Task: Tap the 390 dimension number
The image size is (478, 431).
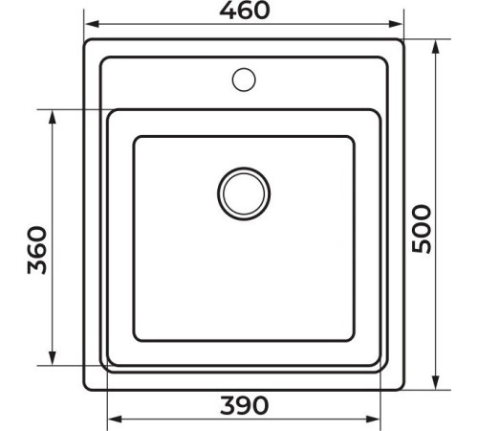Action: click(x=245, y=405)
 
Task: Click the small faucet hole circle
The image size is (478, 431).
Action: click(x=244, y=79)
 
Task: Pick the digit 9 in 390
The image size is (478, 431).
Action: click(x=245, y=405)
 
